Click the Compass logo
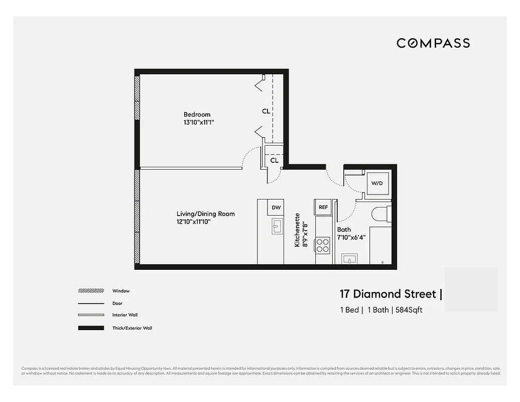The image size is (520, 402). coord(433,43)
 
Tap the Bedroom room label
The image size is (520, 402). coord(197,115)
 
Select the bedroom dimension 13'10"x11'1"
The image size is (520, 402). coord(202,122)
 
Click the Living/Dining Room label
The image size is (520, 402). coord(205,214)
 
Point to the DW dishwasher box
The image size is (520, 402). coord(276,207)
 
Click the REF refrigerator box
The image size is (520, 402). coord(323,207)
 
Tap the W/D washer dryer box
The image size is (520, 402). coord(377,183)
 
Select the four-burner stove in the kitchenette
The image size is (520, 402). coord(322,245)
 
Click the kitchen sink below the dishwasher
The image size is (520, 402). coord(277,226)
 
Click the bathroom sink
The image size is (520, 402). coord(349,259)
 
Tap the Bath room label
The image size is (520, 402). coord(344,230)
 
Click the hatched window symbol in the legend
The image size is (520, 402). coord(91,291)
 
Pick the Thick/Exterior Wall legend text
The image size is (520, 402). coord(132,328)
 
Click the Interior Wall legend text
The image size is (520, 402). coord(125,315)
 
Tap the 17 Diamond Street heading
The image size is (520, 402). coord(388,293)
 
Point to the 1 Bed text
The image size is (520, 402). coord(349,310)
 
